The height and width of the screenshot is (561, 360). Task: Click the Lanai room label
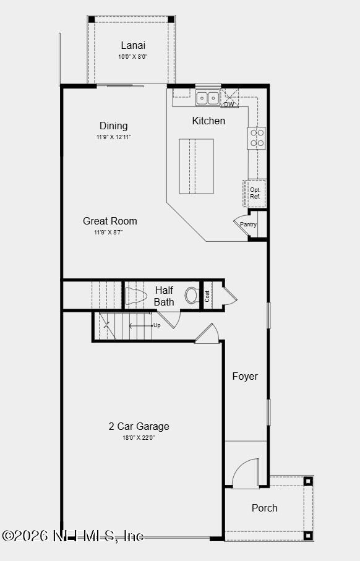coord(133,45)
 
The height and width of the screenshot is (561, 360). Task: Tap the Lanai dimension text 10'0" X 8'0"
coord(133,57)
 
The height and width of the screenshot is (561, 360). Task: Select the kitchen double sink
coord(208,97)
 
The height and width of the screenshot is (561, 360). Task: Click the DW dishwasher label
coord(229,105)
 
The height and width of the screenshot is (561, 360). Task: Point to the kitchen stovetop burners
coord(257,138)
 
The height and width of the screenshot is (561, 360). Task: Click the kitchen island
coord(197,166)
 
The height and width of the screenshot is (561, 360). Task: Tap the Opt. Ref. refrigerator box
coord(255,193)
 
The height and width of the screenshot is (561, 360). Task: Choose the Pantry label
coord(249,225)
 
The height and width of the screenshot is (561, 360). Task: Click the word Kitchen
coord(208,121)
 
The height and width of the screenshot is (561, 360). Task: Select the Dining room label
coord(113,126)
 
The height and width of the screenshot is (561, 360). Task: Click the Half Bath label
coord(164,296)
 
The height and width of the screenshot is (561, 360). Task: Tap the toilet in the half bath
coord(192,295)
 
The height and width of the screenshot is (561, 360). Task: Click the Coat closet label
coord(208,296)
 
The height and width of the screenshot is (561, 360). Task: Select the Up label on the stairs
coord(157,325)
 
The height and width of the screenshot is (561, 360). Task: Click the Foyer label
coord(245,376)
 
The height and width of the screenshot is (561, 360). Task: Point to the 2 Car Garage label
coord(139,426)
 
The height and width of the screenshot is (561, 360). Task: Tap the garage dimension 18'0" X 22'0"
coord(139,438)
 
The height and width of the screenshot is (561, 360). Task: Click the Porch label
coord(264,508)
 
